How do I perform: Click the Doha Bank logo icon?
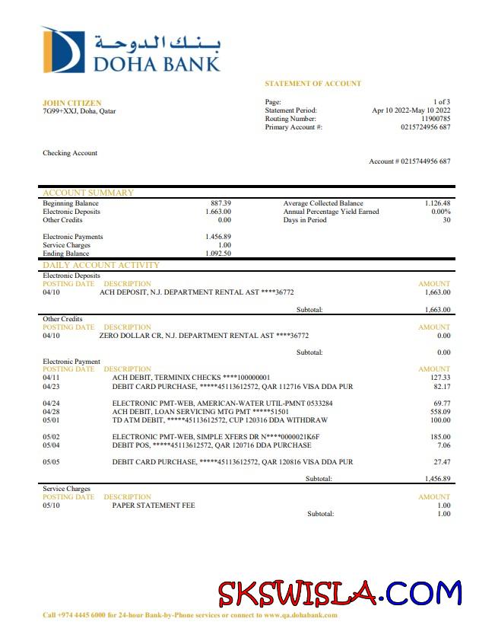[62, 49]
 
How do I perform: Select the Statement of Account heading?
[313, 83]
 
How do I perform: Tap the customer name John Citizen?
[71, 103]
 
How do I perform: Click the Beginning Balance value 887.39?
[221, 203]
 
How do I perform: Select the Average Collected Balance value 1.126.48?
[437, 203]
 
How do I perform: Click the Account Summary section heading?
[87, 193]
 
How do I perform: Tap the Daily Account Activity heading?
[101, 265]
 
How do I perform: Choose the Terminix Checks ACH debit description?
[191, 377]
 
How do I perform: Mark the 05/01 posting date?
[51, 419]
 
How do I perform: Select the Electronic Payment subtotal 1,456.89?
[436, 479]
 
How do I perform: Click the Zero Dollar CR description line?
[204, 335]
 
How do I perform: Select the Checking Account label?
[70, 153]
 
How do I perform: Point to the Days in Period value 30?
[446, 220]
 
